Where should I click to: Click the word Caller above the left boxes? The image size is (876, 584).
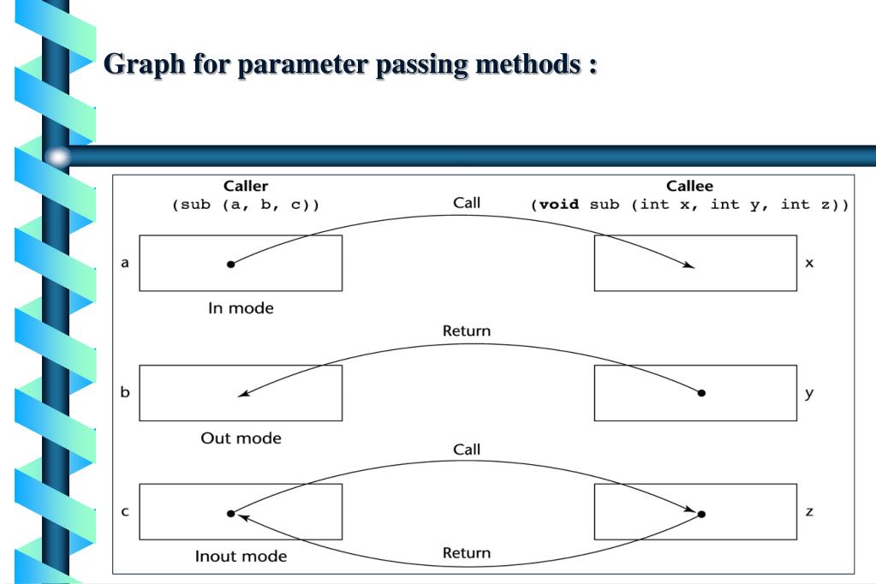[x=245, y=186]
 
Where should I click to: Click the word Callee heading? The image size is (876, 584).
[x=689, y=186]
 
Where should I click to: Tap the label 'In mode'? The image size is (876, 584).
[x=241, y=308]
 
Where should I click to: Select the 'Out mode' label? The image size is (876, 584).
[x=241, y=438]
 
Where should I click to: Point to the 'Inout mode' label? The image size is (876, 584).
[x=241, y=556]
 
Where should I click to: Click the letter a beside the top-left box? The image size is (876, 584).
[x=124, y=263]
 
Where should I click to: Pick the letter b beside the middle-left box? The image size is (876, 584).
[x=124, y=391]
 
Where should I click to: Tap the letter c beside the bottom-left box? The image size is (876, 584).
[x=124, y=511]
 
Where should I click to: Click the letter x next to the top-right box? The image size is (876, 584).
[x=809, y=263]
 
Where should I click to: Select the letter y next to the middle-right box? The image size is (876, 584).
[x=809, y=393]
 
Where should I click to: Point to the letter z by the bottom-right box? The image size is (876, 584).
[x=809, y=511]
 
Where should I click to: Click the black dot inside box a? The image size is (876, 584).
[x=230, y=265]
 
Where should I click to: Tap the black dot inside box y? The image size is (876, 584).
[x=701, y=393]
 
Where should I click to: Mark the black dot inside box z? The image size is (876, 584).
[x=701, y=514]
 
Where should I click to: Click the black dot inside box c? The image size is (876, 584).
[x=230, y=514]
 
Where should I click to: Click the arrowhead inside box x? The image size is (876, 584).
[x=688, y=265]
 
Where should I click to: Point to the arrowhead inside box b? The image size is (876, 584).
[x=243, y=393]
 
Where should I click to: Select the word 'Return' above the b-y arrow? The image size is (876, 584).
[x=467, y=331]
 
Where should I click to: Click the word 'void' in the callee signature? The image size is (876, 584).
[x=559, y=205]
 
